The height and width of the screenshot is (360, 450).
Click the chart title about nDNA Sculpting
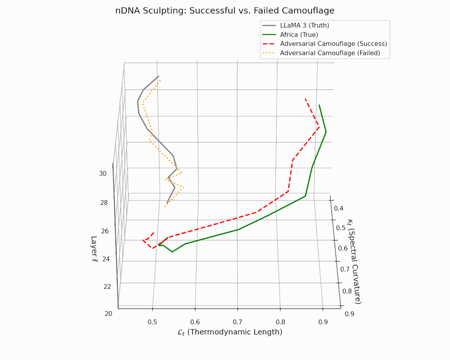(225, 10)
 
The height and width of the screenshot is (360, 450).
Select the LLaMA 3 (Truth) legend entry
(304, 25)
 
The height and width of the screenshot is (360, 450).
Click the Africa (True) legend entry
(299, 34)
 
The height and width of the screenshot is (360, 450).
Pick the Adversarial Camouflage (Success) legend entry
(333, 43)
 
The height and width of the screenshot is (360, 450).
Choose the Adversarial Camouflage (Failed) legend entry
(330, 53)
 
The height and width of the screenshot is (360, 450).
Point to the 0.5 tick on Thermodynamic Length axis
(152, 322)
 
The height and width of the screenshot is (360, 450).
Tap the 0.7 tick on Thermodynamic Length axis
(238, 322)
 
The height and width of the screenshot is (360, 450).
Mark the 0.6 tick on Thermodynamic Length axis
(195, 322)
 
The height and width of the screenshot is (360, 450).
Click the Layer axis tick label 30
(103, 173)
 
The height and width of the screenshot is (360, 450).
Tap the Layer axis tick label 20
(108, 313)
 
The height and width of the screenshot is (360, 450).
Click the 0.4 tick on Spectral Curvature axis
(339, 208)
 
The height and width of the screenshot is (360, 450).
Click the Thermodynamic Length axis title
(229, 332)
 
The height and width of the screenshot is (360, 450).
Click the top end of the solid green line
(319, 105)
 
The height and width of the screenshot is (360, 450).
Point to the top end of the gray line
(159, 76)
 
